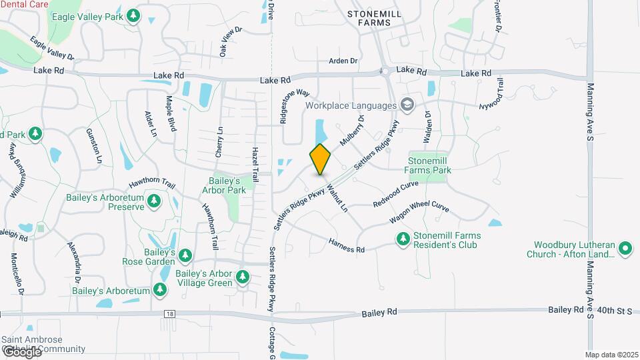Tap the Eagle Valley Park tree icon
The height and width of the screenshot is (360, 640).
(134, 15)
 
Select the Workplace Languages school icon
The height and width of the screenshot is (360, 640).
(406, 105)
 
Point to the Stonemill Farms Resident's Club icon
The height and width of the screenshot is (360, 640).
(403, 238)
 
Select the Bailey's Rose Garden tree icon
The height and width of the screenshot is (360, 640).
(185, 255)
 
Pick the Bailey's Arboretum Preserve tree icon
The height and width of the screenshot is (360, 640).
(154, 201)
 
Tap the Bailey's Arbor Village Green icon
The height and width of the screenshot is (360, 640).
(243, 277)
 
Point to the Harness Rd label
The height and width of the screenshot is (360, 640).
(347, 245)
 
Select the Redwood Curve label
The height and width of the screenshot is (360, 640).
(395, 193)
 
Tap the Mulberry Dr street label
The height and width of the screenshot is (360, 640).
(353, 131)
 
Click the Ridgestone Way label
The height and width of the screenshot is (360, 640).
(295, 104)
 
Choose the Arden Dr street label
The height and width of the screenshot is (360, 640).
(343, 61)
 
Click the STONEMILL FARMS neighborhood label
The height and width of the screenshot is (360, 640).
(369, 17)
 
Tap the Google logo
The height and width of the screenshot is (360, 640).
(21, 351)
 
